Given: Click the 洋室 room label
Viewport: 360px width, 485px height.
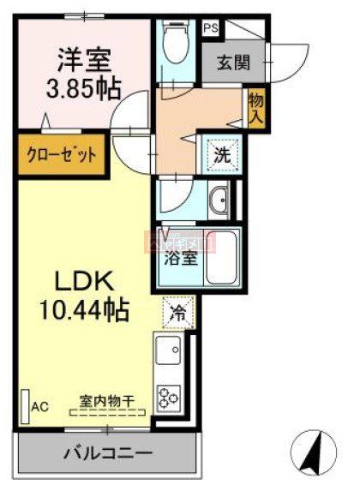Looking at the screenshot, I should tap(82, 63).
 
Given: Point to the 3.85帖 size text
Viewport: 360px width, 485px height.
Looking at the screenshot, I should tap(82, 88).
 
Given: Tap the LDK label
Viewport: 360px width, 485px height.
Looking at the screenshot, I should tap(86, 282).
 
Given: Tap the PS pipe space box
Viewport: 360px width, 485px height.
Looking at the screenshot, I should tap(209, 27).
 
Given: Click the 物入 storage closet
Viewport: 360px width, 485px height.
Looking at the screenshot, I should tap(255, 109).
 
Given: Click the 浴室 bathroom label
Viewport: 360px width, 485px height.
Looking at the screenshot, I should tap(177, 257).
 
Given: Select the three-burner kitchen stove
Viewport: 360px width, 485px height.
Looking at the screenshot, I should tap(169, 395).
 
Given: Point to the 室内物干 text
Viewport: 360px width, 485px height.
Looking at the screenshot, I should tap(105, 401).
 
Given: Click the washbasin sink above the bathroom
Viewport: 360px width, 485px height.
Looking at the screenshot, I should tap(218, 199).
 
